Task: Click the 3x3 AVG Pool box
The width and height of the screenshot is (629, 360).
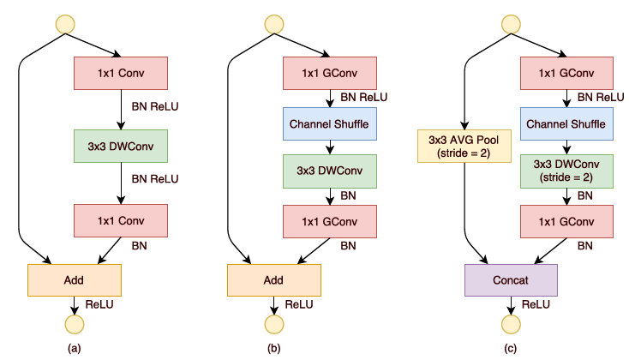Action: tap(464, 146)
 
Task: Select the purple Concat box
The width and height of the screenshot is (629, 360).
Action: tap(511, 280)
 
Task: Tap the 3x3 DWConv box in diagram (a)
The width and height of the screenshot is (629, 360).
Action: tap(121, 146)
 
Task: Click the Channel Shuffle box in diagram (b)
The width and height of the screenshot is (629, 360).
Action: tap(330, 123)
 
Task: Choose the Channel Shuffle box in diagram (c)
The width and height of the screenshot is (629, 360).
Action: tap(566, 123)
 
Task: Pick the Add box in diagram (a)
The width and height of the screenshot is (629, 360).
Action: tap(75, 280)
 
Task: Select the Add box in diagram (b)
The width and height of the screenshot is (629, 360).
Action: tap(274, 280)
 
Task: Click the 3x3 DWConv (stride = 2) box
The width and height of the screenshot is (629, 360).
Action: tap(566, 171)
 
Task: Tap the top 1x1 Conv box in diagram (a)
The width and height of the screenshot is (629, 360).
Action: tap(121, 73)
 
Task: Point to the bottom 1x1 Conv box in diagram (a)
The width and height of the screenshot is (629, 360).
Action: tap(121, 221)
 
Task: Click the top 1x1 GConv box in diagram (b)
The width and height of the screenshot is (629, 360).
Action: tap(330, 73)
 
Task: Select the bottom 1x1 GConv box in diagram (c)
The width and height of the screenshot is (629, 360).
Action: tap(566, 221)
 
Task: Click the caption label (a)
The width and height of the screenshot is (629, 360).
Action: tap(75, 348)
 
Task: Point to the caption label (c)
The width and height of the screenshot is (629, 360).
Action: tap(510, 348)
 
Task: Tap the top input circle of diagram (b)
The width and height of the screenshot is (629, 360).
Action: tap(274, 24)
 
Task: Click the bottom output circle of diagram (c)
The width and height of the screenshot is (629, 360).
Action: tap(511, 324)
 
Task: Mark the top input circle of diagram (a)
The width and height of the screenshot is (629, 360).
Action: tap(65, 24)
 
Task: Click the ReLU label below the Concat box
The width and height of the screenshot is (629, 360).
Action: tap(536, 304)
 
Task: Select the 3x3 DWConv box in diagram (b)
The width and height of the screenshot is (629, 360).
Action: tap(330, 171)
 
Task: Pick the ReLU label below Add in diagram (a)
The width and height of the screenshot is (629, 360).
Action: tap(99, 304)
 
